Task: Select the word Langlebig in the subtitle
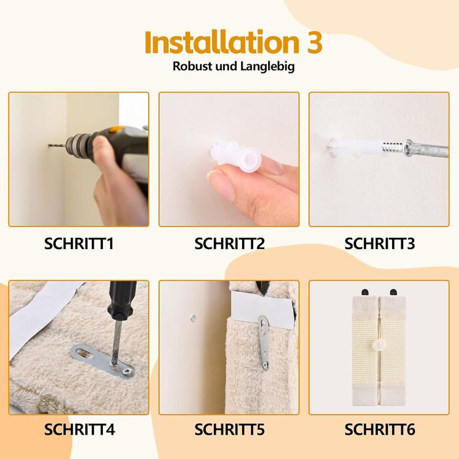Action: point(268,66)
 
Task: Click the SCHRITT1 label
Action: point(79,243)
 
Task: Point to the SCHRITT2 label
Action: point(229,243)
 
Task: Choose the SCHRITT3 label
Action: point(380,243)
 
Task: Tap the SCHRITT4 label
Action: point(79,429)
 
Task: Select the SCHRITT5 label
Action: point(229,429)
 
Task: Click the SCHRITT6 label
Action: point(380,429)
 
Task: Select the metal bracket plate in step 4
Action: point(102,361)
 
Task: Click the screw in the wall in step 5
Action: point(193,318)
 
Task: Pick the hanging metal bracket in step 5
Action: point(264,342)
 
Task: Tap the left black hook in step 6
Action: point(365,292)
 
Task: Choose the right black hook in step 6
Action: point(393,292)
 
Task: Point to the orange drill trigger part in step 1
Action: point(118,129)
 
